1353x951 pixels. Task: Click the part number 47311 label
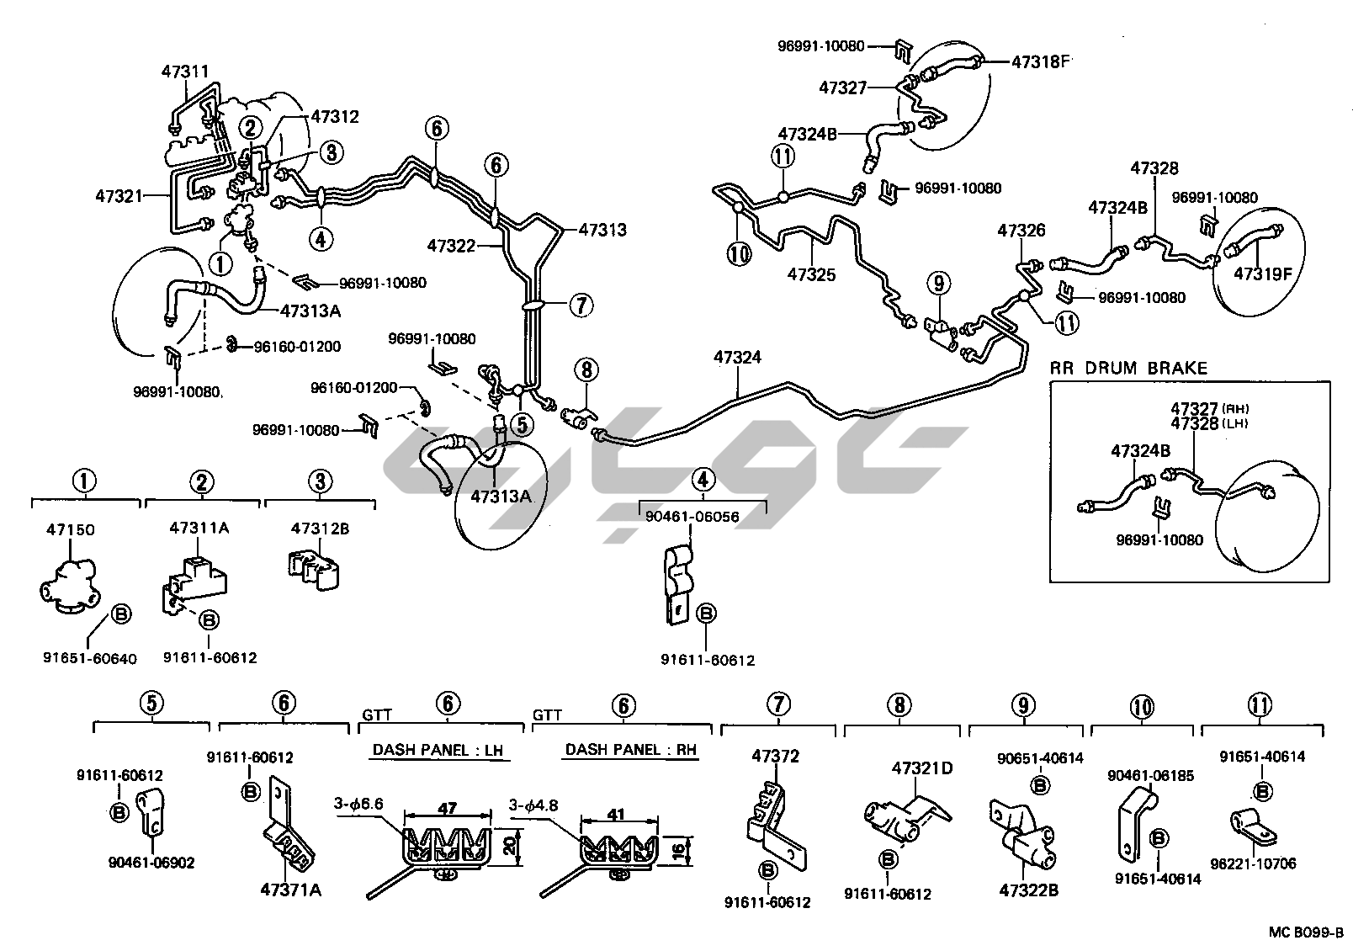(x=184, y=72)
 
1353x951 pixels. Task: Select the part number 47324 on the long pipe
(x=737, y=358)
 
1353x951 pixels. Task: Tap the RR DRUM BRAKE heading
(x=1128, y=368)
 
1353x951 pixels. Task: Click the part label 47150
(x=70, y=529)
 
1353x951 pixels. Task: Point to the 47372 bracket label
(x=775, y=756)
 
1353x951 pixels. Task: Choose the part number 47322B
(x=1028, y=890)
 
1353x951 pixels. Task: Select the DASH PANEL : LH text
(x=440, y=750)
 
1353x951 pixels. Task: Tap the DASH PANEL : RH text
(x=631, y=750)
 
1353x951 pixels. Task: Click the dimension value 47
(x=448, y=808)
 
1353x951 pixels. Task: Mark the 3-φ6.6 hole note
(x=359, y=804)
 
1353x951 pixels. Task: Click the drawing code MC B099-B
(x=1307, y=933)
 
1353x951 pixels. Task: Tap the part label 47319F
(x=1262, y=273)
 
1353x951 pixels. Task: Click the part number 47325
(x=811, y=274)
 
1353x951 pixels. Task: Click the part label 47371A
(x=291, y=890)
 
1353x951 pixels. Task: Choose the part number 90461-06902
(x=151, y=862)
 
